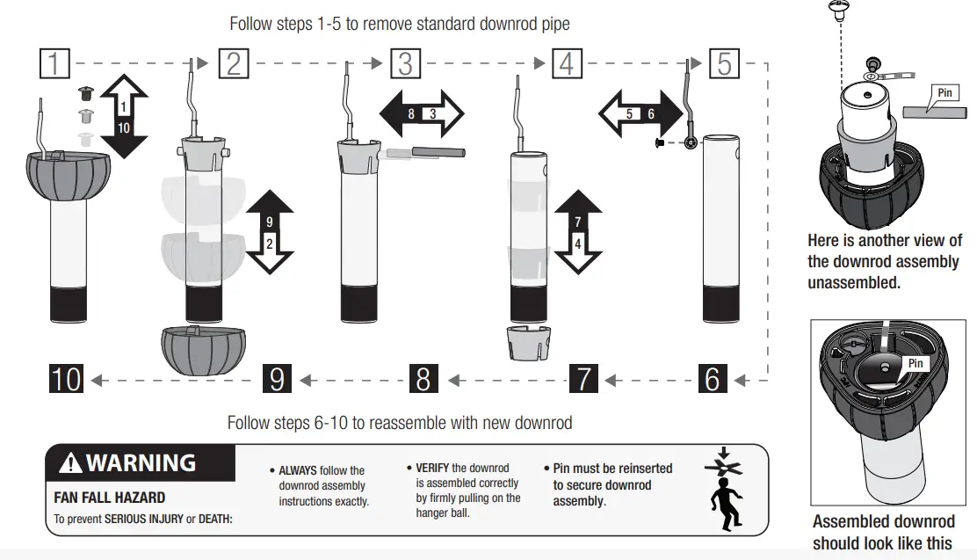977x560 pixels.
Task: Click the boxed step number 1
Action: tap(55, 64)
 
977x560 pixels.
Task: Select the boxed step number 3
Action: tap(405, 64)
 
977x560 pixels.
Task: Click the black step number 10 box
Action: tap(66, 379)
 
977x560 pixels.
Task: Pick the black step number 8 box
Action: tap(423, 379)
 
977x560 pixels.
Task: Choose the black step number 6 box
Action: tap(713, 379)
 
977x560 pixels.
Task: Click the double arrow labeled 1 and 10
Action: tap(124, 115)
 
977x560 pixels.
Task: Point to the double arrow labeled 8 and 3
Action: tap(422, 114)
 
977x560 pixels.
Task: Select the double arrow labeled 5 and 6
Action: tap(640, 114)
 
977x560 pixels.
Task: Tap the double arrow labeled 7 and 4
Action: tap(577, 231)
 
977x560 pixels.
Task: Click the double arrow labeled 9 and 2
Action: tap(270, 232)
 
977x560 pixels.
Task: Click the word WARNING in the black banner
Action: tap(141, 462)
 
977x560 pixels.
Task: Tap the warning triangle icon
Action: tap(71, 463)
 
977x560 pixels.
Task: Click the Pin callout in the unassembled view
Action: tap(945, 94)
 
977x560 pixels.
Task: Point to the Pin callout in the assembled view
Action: tap(916, 362)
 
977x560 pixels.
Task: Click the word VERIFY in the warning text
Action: tap(432, 468)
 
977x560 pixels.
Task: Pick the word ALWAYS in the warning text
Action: tap(298, 471)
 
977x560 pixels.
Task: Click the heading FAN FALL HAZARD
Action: tap(109, 498)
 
